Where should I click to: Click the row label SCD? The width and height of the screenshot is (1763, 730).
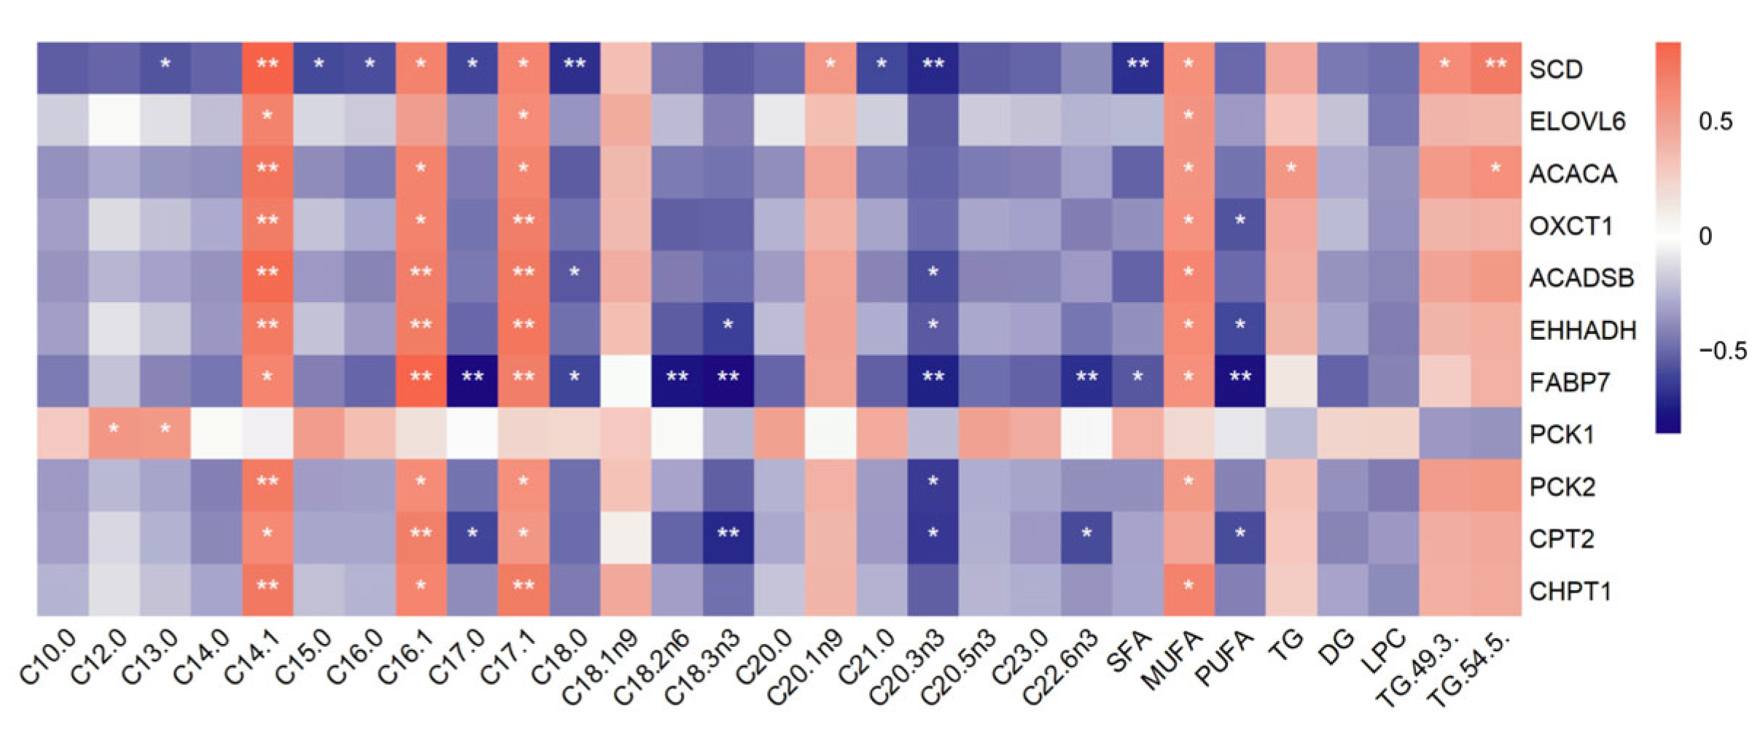pos(1556,69)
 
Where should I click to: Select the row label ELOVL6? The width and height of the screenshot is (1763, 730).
pos(1577,121)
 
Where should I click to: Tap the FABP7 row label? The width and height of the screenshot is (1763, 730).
pos(1569,382)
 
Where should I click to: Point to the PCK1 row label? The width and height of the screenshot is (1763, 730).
pos(1562,435)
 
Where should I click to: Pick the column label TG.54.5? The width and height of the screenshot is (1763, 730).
pos(1469,672)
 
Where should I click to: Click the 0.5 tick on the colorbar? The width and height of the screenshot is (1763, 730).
pos(1715,121)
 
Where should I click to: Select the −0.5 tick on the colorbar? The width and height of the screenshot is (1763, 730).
pos(1722,352)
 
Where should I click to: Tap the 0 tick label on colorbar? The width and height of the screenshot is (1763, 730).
pos(1705,236)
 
